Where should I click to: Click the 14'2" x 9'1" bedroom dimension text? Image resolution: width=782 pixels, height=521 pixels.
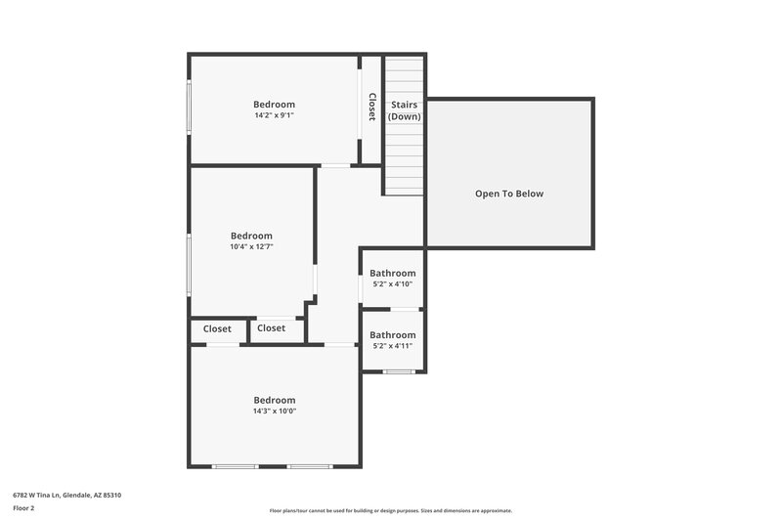(274, 115)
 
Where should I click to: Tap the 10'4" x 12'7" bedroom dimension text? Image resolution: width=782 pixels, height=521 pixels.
(251, 246)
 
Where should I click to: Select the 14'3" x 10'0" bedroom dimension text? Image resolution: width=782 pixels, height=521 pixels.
(275, 411)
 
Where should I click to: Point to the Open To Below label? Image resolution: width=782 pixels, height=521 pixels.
(509, 194)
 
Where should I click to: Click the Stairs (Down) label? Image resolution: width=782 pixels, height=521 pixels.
(405, 110)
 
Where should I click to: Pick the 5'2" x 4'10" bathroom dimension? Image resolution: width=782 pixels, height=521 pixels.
(392, 284)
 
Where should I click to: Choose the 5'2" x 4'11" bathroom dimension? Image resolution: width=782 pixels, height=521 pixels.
(392, 346)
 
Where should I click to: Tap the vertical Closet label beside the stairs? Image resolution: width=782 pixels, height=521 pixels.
(371, 107)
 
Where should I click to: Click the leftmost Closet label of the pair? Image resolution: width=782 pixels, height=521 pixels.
(218, 328)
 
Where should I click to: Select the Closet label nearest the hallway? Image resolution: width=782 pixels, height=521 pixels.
(272, 328)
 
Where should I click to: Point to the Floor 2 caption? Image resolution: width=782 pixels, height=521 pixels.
(23, 508)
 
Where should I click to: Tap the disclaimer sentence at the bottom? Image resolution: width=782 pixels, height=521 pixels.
(391, 510)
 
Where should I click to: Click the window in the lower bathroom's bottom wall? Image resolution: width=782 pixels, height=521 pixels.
(399, 371)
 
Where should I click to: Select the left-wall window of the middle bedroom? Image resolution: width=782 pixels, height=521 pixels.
(190, 264)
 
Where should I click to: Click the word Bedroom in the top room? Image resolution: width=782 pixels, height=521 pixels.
(274, 105)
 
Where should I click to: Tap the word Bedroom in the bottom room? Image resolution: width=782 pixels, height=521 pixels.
(275, 400)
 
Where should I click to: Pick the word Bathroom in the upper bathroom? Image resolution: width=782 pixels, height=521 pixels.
(392, 274)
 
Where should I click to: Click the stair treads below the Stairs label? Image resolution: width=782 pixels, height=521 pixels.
(404, 161)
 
